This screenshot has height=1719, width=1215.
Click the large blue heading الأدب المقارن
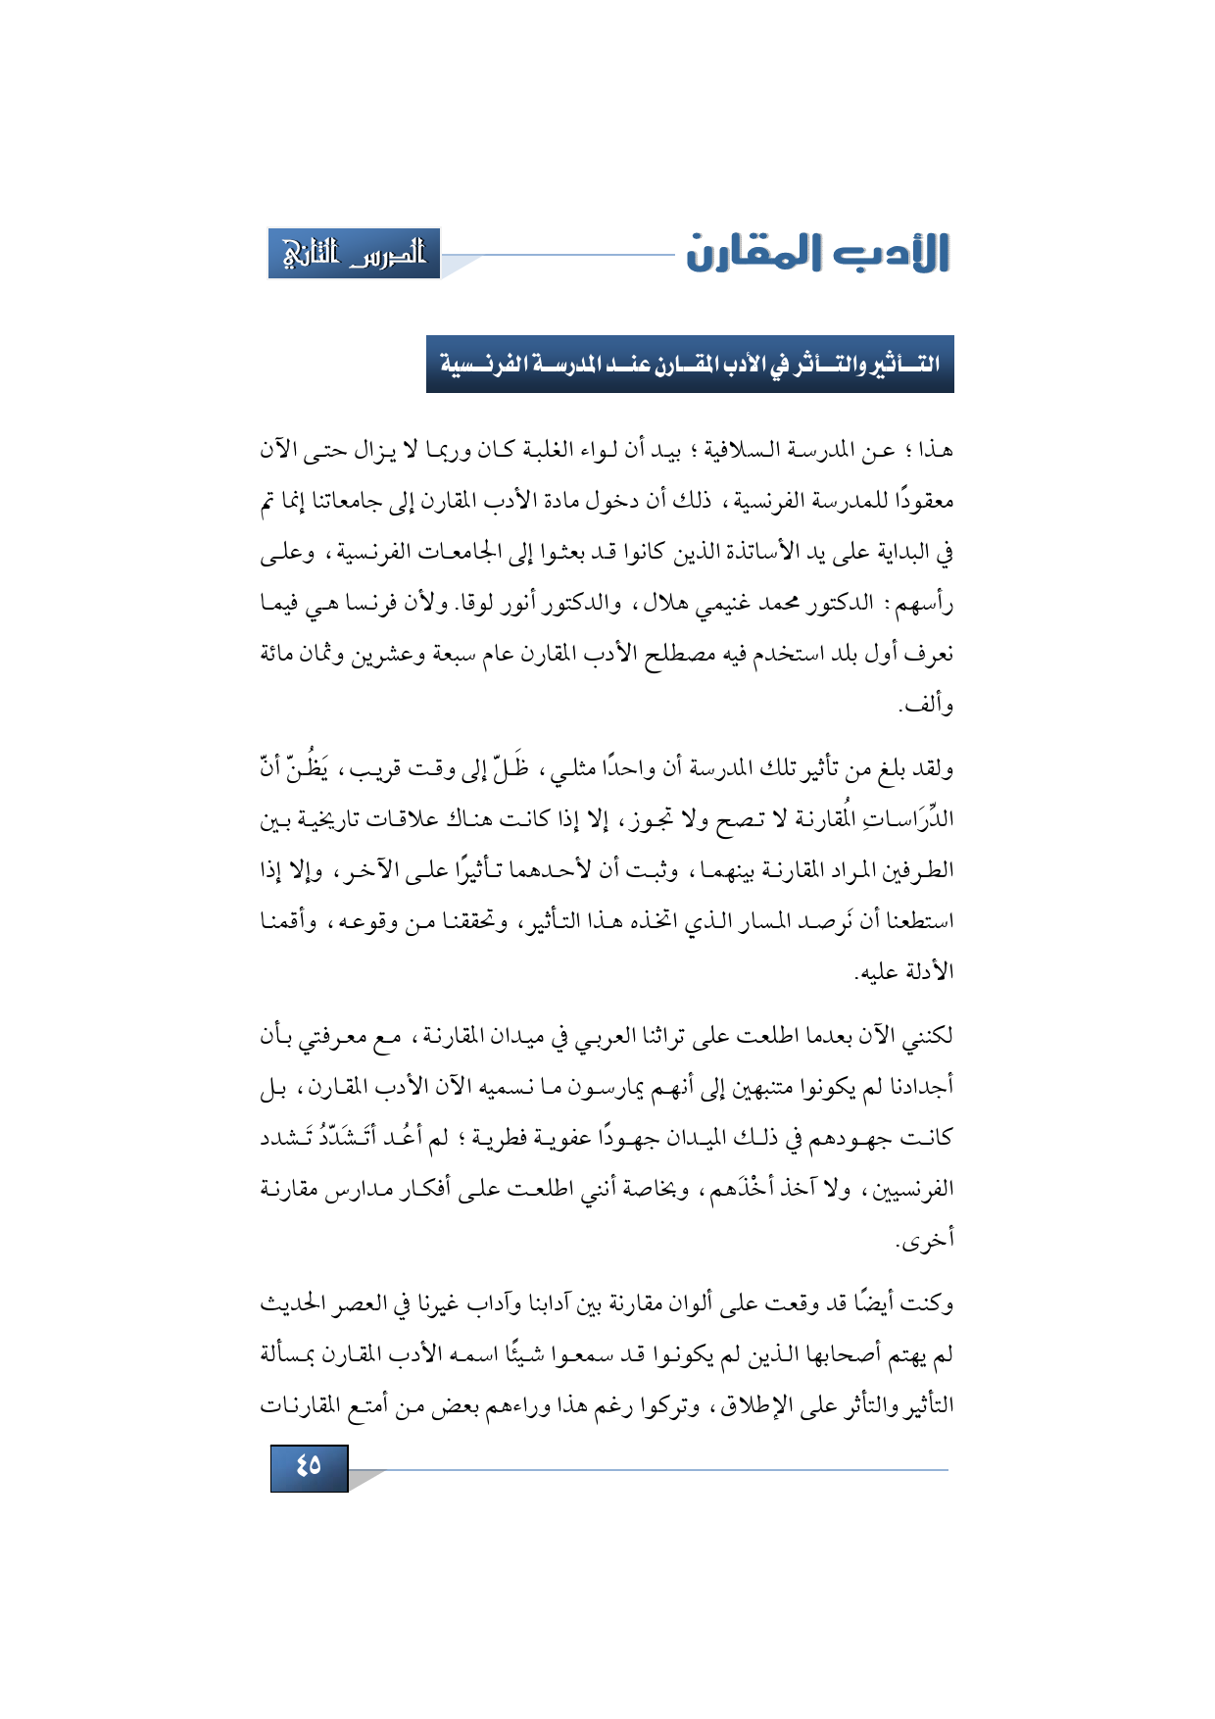[817, 254]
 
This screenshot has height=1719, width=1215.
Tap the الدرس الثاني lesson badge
[354, 254]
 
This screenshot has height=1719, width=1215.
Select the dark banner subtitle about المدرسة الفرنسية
[690, 365]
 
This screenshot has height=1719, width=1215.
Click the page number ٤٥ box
[309, 1467]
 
